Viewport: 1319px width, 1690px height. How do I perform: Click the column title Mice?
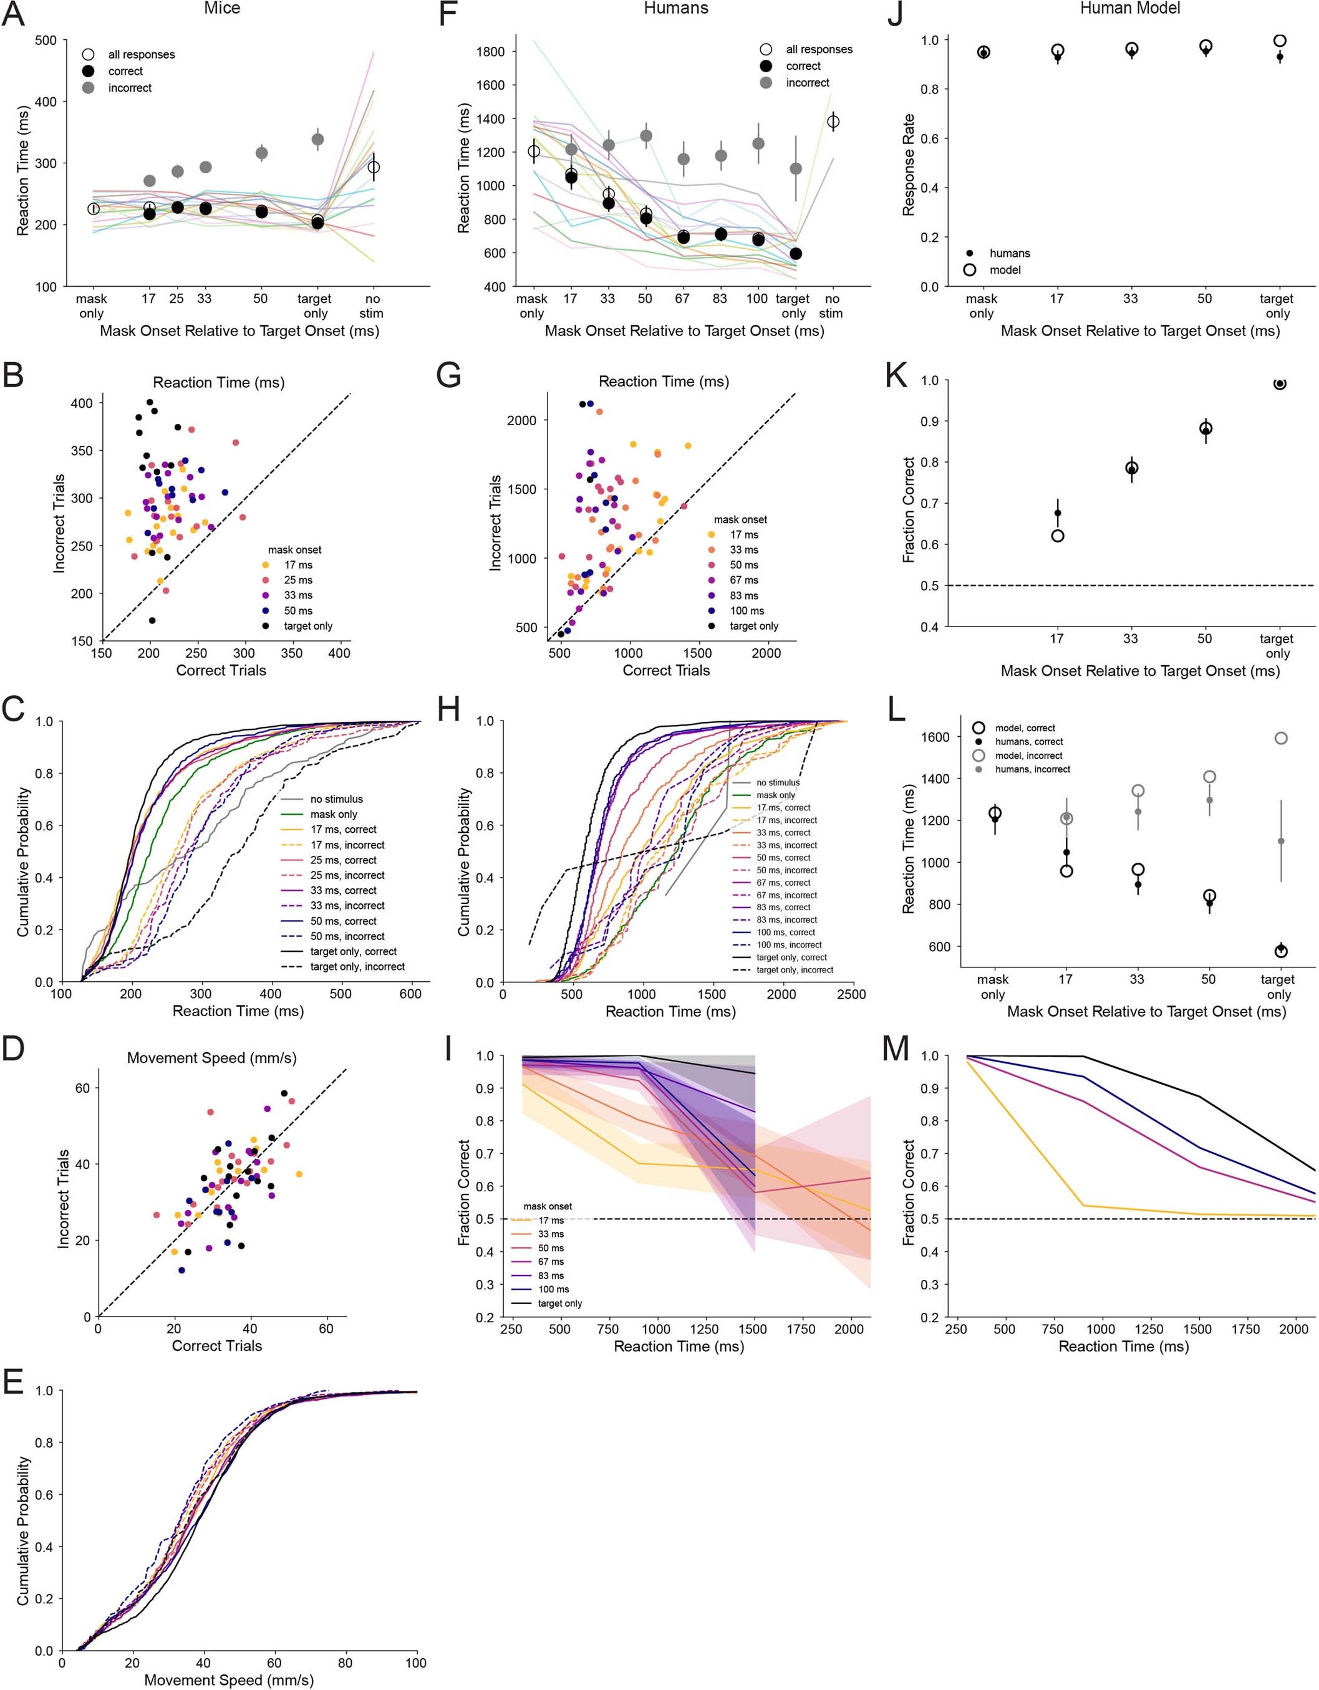pos(221,9)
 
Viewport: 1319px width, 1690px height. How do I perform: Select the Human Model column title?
pos(1129,9)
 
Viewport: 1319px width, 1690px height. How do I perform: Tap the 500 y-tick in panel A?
pos(46,41)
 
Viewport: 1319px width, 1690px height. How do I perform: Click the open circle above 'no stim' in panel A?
pos(373,167)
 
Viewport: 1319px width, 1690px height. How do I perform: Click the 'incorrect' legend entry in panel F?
pos(808,83)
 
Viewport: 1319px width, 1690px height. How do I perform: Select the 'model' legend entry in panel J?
pos(1005,270)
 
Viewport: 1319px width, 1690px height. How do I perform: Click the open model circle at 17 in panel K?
pos(1057,535)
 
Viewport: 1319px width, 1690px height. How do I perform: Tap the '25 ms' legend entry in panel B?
pos(298,580)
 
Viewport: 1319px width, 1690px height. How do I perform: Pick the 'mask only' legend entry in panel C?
pos(334,814)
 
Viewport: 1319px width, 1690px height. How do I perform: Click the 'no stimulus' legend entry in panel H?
pos(778,782)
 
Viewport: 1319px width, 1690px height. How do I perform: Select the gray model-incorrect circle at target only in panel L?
pos(1280,738)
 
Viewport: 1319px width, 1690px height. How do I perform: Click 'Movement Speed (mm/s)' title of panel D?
pos(211,1058)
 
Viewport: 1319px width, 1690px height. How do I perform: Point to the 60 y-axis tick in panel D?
pos(83,1088)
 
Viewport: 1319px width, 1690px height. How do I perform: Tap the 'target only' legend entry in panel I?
pos(559,1304)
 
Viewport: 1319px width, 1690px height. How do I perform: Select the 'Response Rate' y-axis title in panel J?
pos(909,164)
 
